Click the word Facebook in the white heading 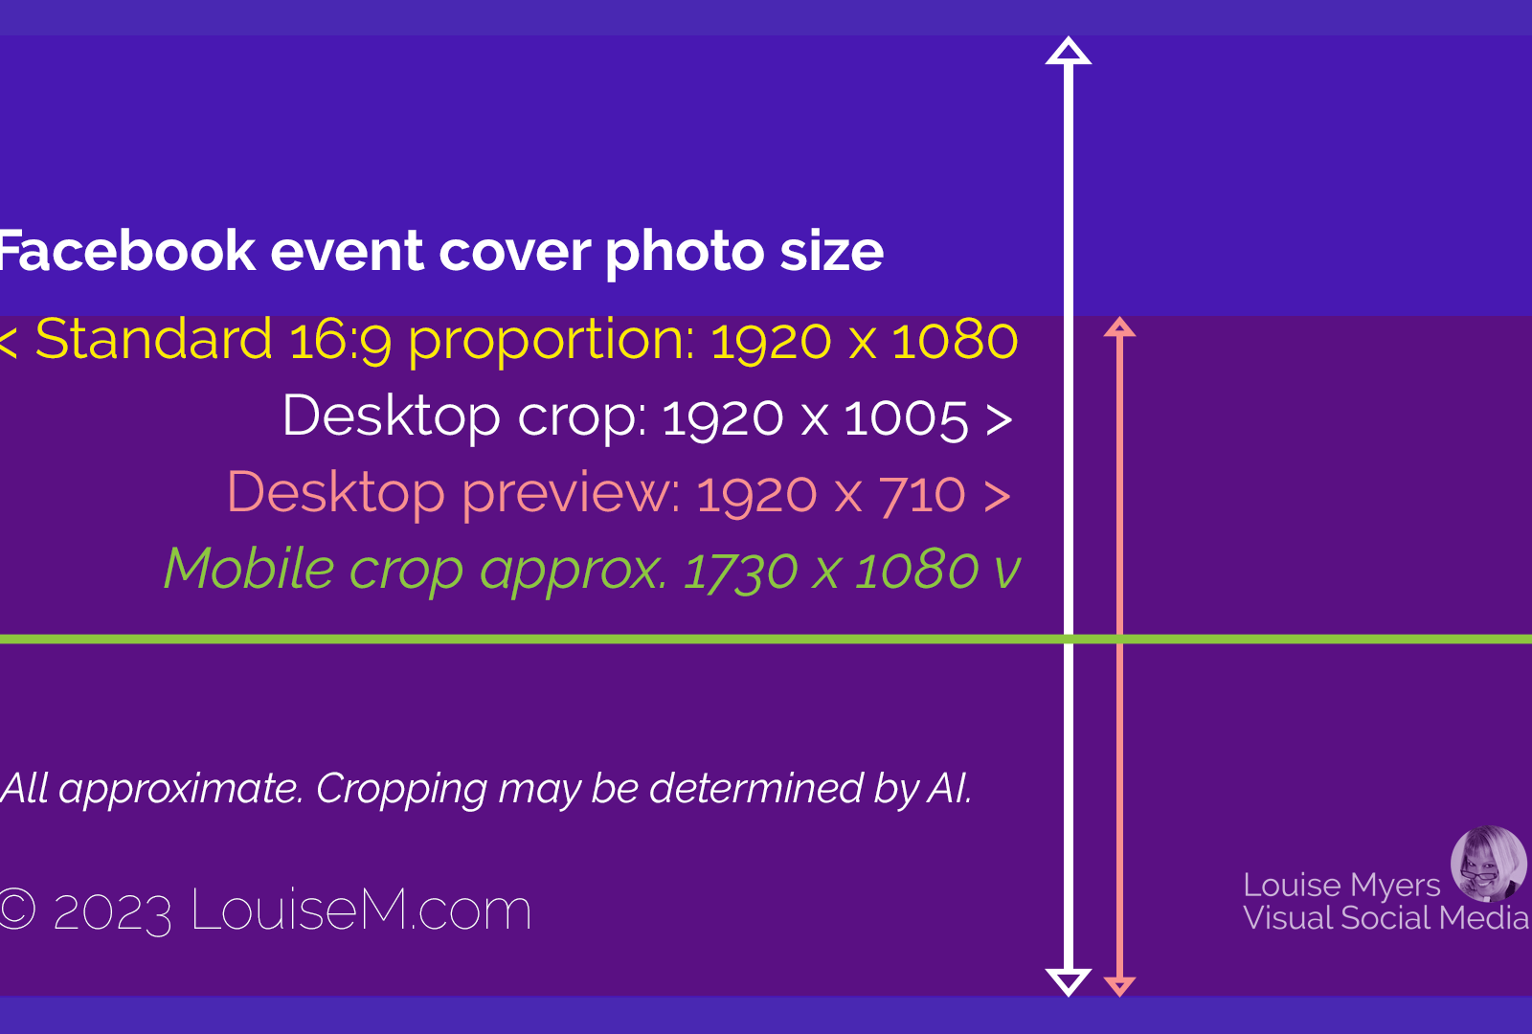(x=127, y=251)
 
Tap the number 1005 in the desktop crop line (x=906, y=417)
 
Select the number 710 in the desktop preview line (x=922, y=494)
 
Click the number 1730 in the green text (x=741, y=571)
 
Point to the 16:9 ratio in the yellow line (x=340, y=340)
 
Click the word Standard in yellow (x=154, y=339)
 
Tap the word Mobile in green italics (x=249, y=568)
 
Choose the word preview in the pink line (x=571, y=494)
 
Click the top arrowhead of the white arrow (x=1069, y=52)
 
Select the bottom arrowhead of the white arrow (x=1069, y=982)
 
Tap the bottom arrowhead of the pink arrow (x=1119, y=987)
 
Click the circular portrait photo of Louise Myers (x=1488, y=864)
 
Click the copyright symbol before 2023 (x=15, y=910)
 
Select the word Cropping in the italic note (x=401, y=790)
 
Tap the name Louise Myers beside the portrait (x=1341, y=885)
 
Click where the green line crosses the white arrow (x=1069, y=640)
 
